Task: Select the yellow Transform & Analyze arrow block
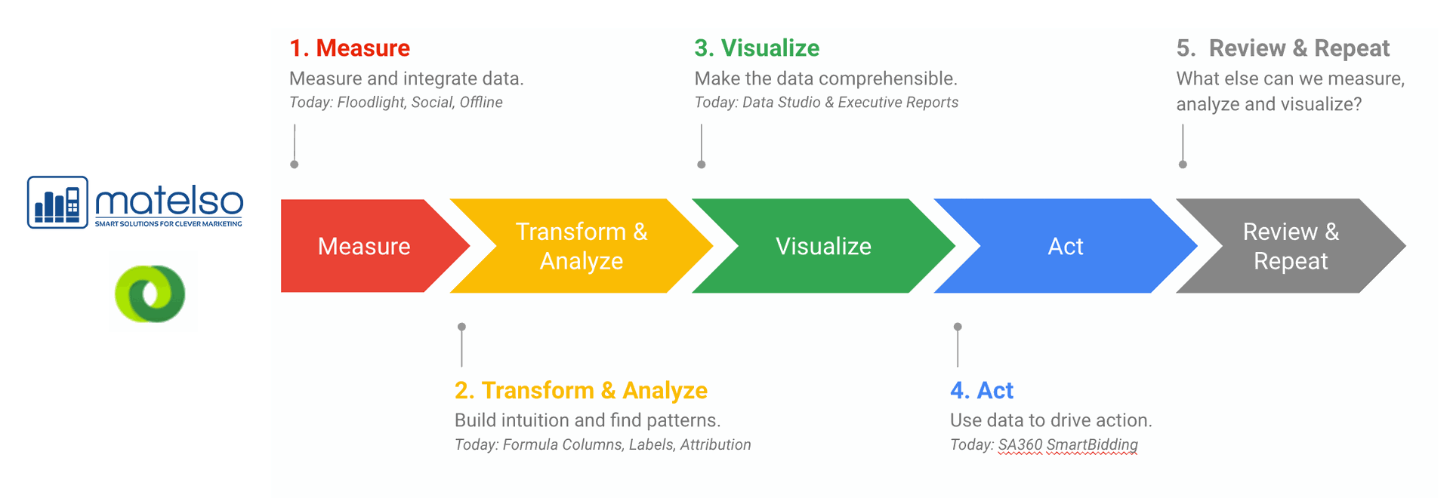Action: (x=582, y=246)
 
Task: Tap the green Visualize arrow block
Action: (x=823, y=246)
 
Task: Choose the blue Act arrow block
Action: (x=1066, y=246)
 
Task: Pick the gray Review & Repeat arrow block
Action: (x=1291, y=246)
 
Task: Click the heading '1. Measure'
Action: (x=350, y=48)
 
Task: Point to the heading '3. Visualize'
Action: (x=757, y=48)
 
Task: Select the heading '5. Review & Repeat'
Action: (x=1282, y=49)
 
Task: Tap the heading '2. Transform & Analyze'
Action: (x=581, y=391)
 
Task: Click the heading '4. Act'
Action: (x=982, y=391)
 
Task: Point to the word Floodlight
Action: (x=369, y=103)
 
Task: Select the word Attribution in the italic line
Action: (x=715, y=445)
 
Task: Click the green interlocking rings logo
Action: (x=150, y=294)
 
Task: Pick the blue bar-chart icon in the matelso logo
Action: (x=57, y=202)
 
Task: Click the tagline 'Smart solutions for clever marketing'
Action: (x=168, y=224)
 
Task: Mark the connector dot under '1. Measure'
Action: (x=295, y=164)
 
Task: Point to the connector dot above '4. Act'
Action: (x=958, y=327)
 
